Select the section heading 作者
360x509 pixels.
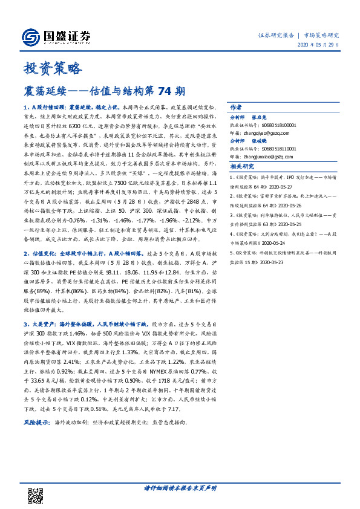pos(236,105)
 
